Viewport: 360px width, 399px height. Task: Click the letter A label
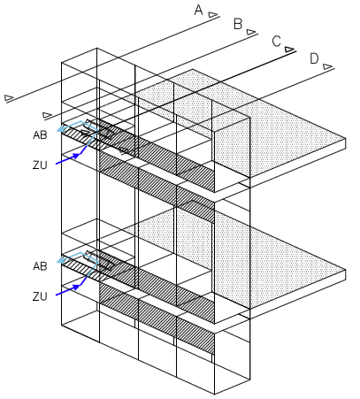click(x=199, y=10)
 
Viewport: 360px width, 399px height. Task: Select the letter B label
click(x=238, y=24)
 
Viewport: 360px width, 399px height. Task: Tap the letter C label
click(x=276, y=42)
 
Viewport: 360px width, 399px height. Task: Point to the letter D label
click(x=314, y=58)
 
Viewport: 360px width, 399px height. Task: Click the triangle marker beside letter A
click(x=213, y=15)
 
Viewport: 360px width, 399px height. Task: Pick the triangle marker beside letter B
click(x=251, y=32)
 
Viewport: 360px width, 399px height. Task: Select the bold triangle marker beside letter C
click(x=289, y=50)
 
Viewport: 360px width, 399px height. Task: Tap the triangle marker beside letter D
click(x=327, y=66)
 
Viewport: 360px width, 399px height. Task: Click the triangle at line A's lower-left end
click(x=9, y=97)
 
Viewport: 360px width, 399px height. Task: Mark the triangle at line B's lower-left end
click(x=47, y=115)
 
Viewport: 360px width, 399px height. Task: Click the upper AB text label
click(x=40, y=135)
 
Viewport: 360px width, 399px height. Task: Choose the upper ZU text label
click(x=40, y=165)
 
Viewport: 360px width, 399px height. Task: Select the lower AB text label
click(x=40, y=266)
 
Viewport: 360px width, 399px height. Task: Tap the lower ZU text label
click(x=40, y=296)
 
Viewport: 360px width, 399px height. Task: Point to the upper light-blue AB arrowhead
click(x=61, y=129)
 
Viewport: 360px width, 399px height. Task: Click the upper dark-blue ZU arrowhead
click(x=76, y=156)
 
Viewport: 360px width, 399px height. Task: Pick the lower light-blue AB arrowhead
click(x=61, y=260)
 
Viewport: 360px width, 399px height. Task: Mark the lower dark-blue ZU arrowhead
click(x=76, y=287)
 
